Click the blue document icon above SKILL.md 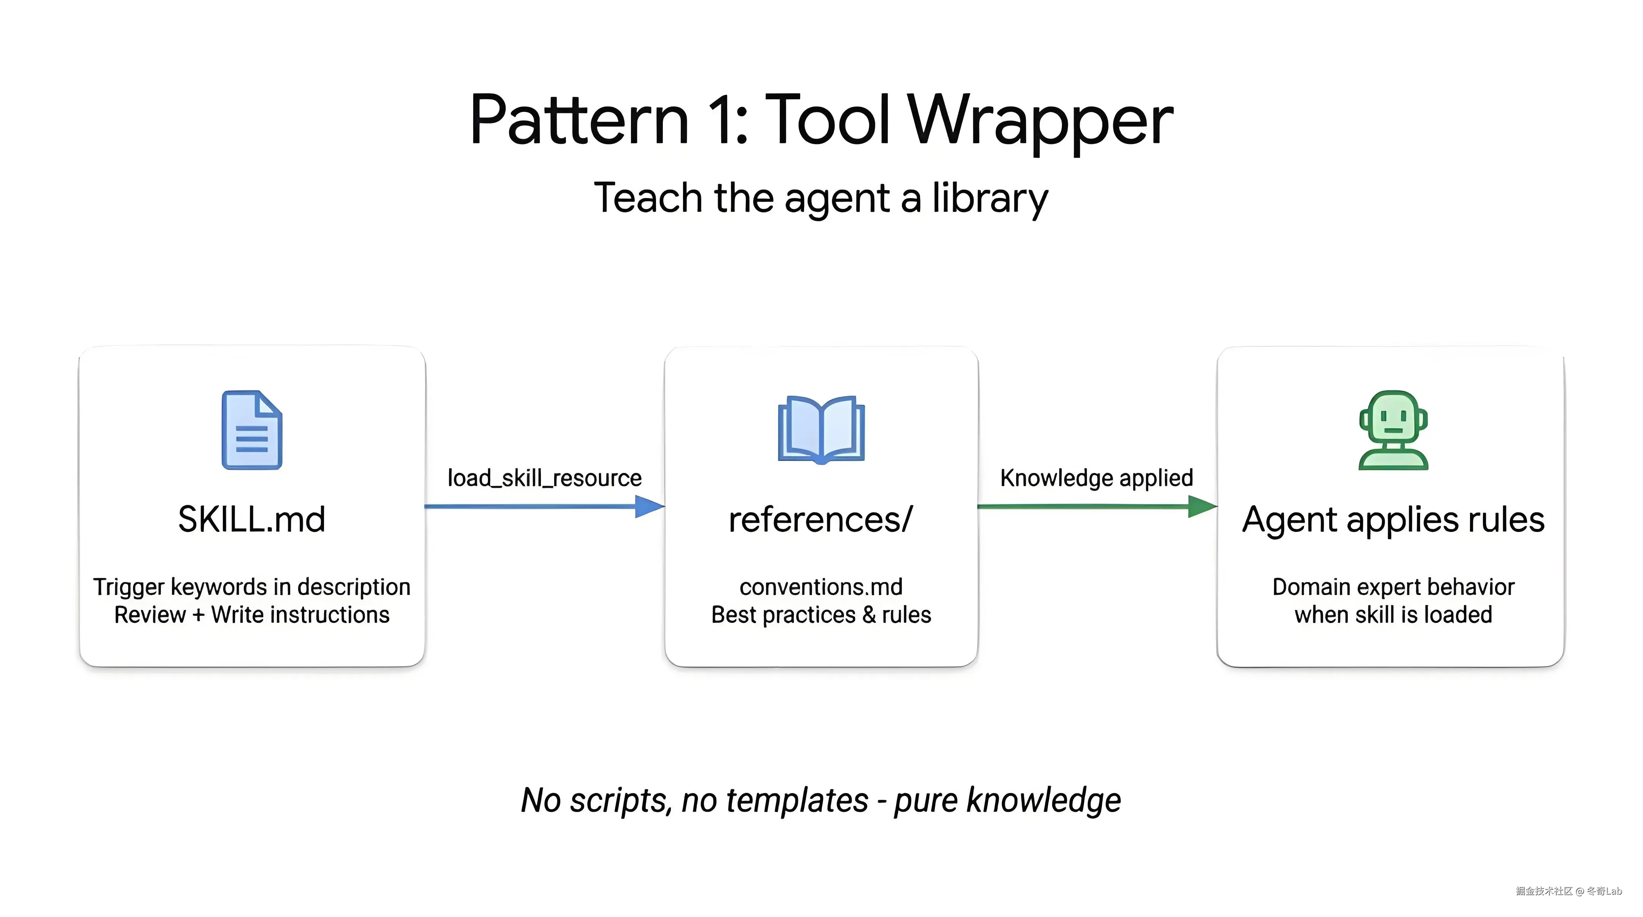(x=252, y=430)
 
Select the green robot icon (x=1393, y=430)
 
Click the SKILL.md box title (x=251, y=519)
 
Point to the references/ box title (x=821, y=519)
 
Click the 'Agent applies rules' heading (x=1393, y=519)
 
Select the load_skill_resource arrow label (x=544, y=478)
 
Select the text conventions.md (x=821, y=587)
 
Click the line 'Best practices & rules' (x=821, y=615)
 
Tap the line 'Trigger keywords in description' (x=251, y=587)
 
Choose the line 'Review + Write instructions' (x=251, y=615)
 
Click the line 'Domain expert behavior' (x=1393, y=587)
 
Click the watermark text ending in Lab (x=1568, y=891)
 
